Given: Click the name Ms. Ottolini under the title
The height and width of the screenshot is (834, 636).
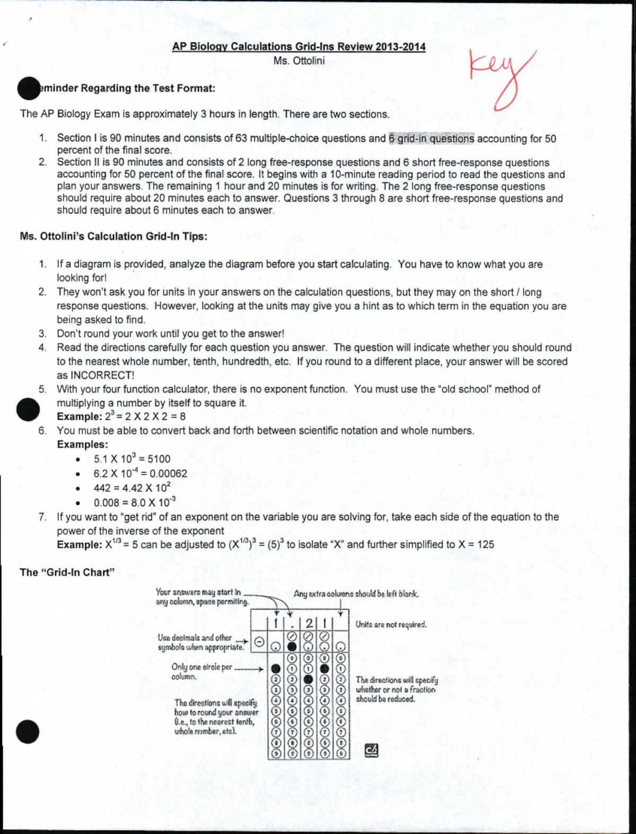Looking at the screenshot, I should pyautogui.click(x=299, y=60).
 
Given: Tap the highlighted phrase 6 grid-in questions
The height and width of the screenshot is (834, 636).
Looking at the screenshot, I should pyautogui.click(x=431, y=139).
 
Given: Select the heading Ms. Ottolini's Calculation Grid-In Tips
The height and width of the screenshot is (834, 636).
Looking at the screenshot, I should pyautogui.click(x=113, y=237).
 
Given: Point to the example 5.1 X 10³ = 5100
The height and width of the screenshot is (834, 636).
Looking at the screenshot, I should pyautogui.click(x=132, y=459).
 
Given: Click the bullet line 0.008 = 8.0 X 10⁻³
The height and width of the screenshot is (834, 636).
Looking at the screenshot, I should pyautogui.click(x=135, y=502).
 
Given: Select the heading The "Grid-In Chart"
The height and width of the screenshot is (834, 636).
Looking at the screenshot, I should pyautogui.click(x=67, y=572).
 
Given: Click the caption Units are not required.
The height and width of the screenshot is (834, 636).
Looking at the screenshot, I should pyautogui.click(x=391, y=624).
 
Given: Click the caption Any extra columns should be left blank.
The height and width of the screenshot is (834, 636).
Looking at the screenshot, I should pyautogui.click(x=356, y=594).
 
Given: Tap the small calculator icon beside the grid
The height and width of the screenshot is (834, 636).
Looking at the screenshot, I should pyautogui.click(x=372, y=750).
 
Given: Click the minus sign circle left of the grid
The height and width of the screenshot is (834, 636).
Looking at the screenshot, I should pyautogui.click(x=258, y=641).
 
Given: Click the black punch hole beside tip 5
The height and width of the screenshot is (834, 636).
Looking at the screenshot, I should pyautogui.click(x=28, y=409).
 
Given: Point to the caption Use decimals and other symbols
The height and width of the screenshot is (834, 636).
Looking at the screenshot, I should pyautogui.click(x=200, y=642).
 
